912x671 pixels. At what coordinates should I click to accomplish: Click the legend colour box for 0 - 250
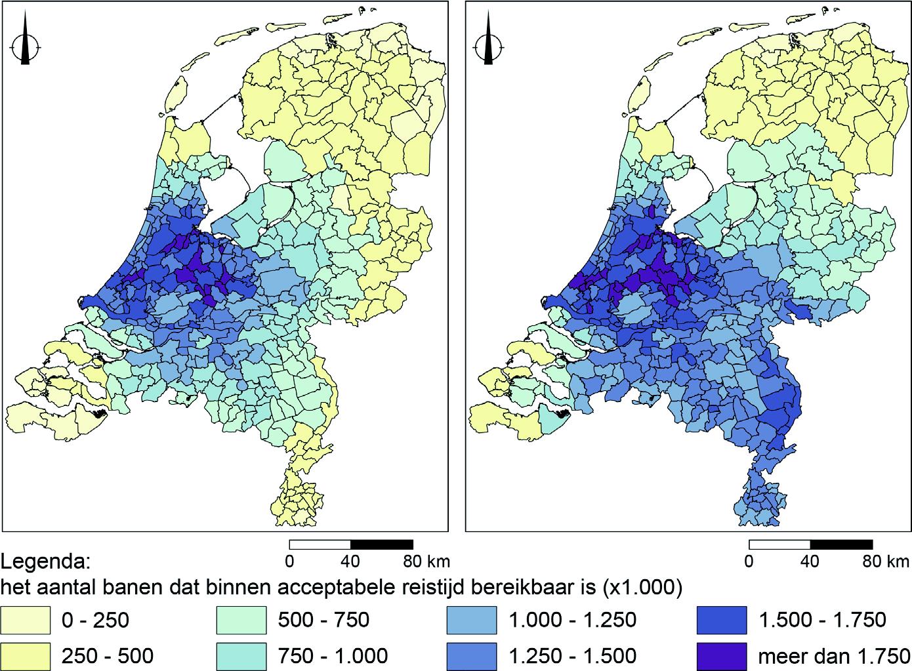coord(26,620)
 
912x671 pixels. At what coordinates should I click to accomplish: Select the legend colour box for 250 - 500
coord(26,655)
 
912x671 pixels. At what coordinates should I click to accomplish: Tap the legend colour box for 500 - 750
coord(241,620)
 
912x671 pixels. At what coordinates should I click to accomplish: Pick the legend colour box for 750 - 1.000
coord(241,655)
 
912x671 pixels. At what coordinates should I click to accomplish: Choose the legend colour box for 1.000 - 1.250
coord(469,620)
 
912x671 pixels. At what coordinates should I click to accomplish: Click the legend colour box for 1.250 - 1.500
coord(469,655)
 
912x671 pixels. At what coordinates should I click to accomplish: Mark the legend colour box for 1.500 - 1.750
coord(721,620)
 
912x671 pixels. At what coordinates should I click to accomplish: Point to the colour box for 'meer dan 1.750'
coord(721,655)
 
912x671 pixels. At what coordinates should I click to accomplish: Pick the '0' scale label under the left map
coord(289,561)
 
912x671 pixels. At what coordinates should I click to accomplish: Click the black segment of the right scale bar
coord(841,544)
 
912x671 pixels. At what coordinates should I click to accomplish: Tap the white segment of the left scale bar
coord(320,544)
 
